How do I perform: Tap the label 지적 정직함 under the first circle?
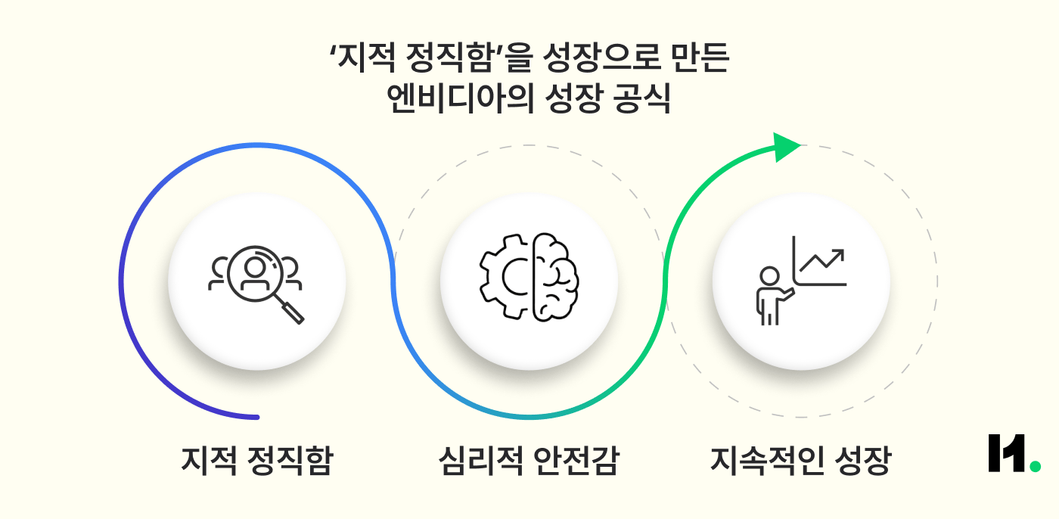tap(256, 461)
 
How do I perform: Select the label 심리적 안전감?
tap(528, 461)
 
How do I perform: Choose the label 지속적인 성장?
tap(800, 461)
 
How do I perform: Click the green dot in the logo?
tap(1034, 466)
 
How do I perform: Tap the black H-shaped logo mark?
tap(1006, 453)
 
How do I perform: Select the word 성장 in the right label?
tap(864, 461)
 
